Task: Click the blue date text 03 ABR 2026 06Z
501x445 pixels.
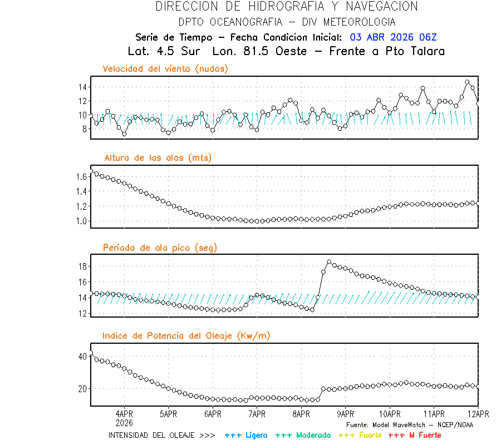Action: coord(393,37)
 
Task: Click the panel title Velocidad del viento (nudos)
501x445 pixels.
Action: coord(165,69)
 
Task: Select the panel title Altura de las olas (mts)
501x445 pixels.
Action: coord(158,158)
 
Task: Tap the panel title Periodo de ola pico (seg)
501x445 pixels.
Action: coord(160,247)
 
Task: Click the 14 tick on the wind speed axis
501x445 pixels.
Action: coord(82,87)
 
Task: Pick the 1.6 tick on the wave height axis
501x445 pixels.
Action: coord(81,177)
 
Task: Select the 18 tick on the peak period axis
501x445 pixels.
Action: coord(82,266)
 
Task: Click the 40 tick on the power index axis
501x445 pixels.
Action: coord(82,356)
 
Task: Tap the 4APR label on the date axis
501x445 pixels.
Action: coord(124,414)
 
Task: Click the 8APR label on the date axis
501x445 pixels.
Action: coord(301,414)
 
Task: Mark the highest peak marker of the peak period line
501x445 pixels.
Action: coord(329,261)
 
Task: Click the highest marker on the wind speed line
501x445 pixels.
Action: coord(467,82)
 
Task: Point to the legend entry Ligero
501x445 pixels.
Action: coord(246,435)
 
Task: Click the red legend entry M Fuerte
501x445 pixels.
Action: coord(415,435)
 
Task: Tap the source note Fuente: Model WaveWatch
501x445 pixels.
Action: coord(409,424)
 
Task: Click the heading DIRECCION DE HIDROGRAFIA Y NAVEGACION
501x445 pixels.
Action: coord(287,7)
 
